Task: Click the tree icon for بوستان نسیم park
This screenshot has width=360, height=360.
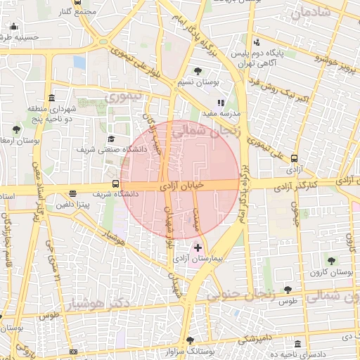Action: click(x=198, y=70)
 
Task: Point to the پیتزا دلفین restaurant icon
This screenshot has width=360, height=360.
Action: click(x=72, y=194)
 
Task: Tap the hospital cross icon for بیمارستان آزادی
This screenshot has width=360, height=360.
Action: click(x=198, y=247)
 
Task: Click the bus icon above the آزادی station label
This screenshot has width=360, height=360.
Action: click(x=294, y=159)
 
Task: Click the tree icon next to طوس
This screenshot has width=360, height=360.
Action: click(x=288, y=289)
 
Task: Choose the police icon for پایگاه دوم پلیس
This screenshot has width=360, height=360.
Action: click(x=257, y=42)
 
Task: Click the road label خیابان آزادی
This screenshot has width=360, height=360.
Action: click(x=181, y=186)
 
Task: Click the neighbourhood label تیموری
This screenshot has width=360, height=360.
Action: click(x=128, y=95)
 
